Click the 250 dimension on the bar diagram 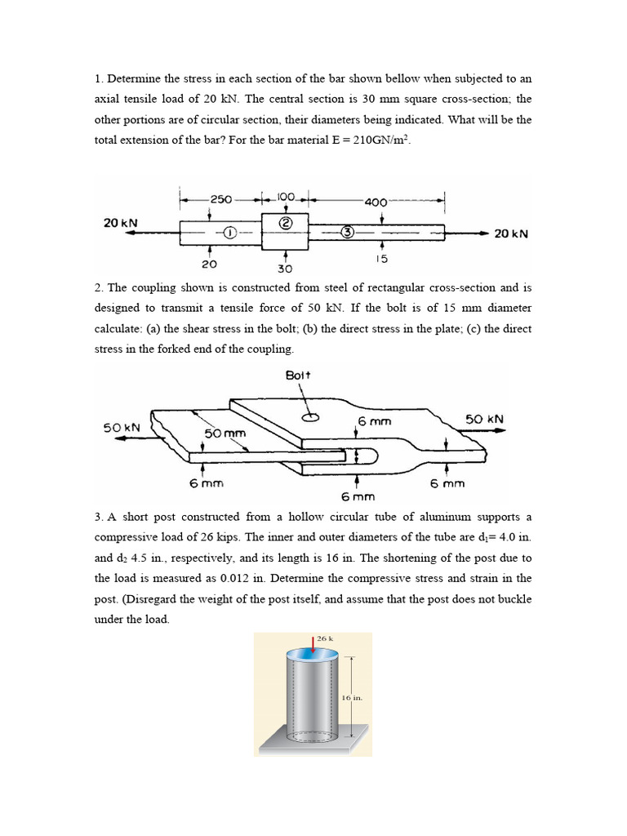tap(220, 198)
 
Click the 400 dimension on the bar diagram tap(376, 202)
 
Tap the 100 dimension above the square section tap(285, 197)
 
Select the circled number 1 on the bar tap(230, 233)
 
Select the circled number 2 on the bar tap(285, 223)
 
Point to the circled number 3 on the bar tap(346, 233)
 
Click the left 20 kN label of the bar tap(120, 223)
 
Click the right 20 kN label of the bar tap(511, 233)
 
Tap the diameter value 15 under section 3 tap(381, 259)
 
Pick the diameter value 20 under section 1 tap(209, 264)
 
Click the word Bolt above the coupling tap(299, 375)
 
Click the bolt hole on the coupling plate tap(310, 417)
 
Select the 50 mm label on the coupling tap(225, 433)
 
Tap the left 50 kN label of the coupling tap(121, 427)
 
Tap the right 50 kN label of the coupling tap(484, 419)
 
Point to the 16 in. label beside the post tap(351, 698)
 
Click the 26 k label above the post tap(325, 638)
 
